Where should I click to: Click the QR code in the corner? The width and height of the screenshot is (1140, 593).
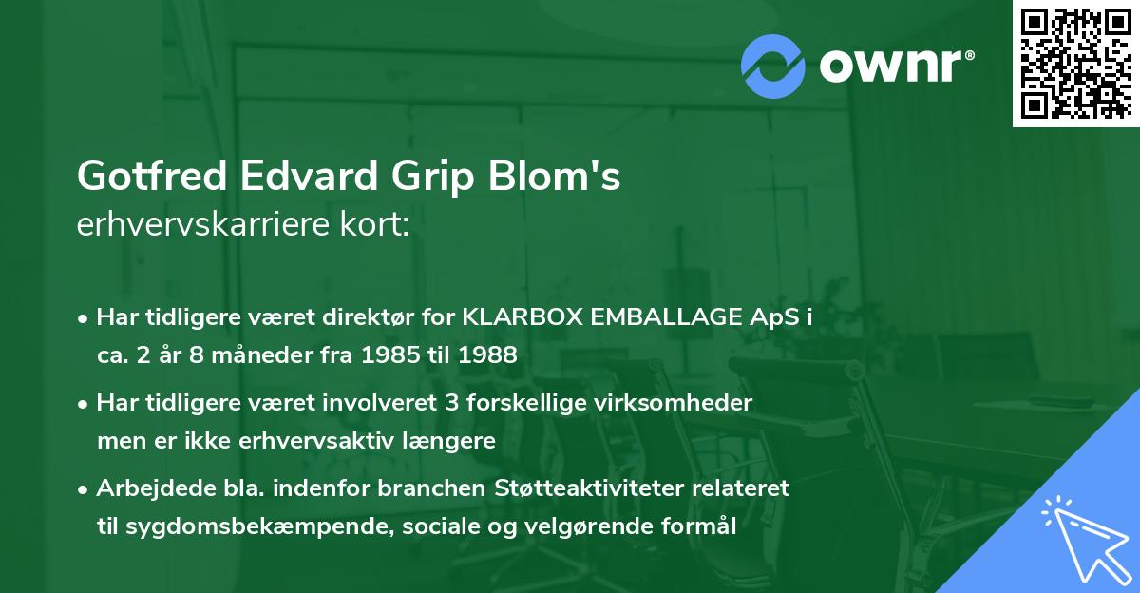click(1075, 64)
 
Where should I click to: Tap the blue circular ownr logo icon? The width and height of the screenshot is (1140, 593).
click(773, 65)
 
